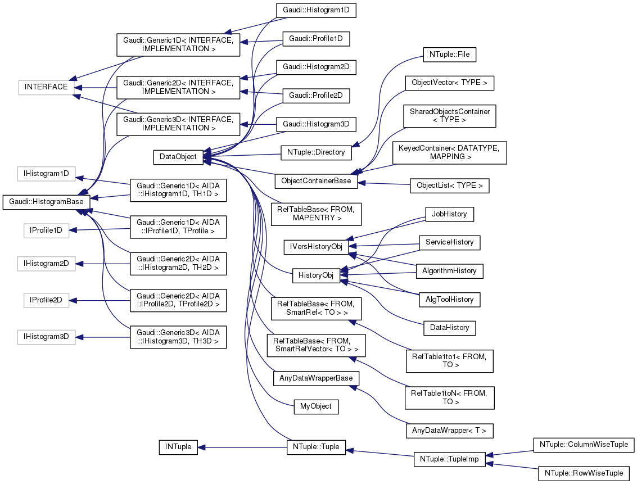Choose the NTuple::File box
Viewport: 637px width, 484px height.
[x=449, y=55]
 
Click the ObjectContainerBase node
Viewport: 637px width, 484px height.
[x=317, y=181]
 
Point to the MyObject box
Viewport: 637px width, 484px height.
[x=316, y=406]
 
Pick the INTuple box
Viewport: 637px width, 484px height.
[x=178, y=447]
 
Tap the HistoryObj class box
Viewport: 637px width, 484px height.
[x=317, y=275]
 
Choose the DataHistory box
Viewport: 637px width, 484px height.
[x=449, y=327]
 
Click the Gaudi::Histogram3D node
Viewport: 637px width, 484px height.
[x=317, y=124]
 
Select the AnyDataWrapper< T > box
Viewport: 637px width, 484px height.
[x=449, y=431]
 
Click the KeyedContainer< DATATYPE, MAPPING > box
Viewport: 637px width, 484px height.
[x=449, y=152]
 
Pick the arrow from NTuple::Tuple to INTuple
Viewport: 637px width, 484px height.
[x=242, y=447]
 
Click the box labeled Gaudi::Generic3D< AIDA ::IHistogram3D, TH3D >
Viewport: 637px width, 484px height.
[x=178, y=336]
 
